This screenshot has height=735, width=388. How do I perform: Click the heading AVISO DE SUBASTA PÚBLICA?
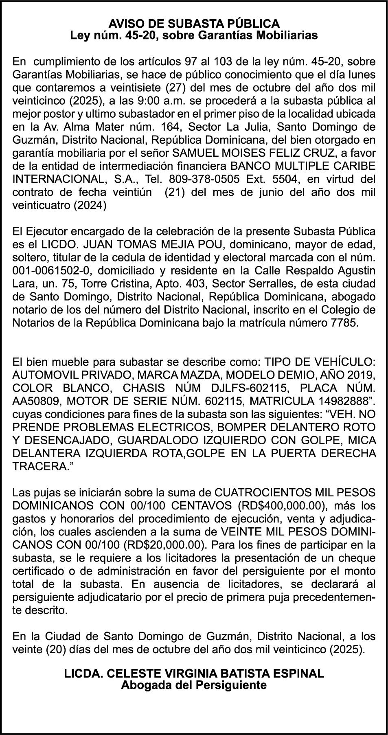pyautogui.click(x=194, y=23)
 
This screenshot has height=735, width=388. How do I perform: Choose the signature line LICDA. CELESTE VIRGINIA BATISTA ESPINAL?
pyautogui.click(x=194, y=673)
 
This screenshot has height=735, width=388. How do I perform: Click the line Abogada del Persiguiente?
pyautogui.click(x=194, y=685)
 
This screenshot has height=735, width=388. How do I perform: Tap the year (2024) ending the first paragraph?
pyautogui.click(x=90, y=205)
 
